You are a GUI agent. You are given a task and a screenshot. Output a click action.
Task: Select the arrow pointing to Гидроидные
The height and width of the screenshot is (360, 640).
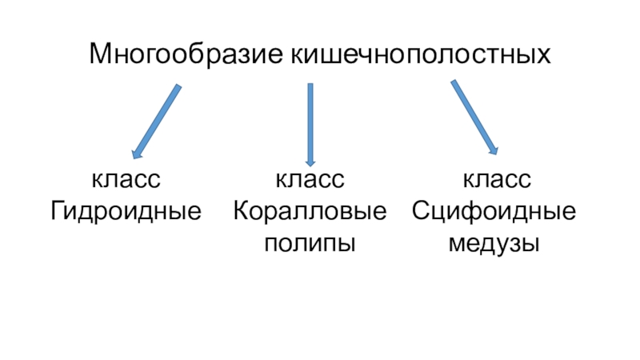click(156, 121)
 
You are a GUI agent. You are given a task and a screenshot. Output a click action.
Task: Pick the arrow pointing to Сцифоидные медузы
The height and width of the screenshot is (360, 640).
click(474, 117)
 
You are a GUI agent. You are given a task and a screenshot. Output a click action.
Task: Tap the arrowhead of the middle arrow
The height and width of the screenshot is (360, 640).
click(310, 160)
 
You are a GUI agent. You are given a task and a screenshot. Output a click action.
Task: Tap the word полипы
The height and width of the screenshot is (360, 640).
click(310, 242)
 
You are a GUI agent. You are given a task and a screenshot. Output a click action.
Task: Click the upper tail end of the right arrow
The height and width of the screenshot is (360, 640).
click(454, 82)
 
